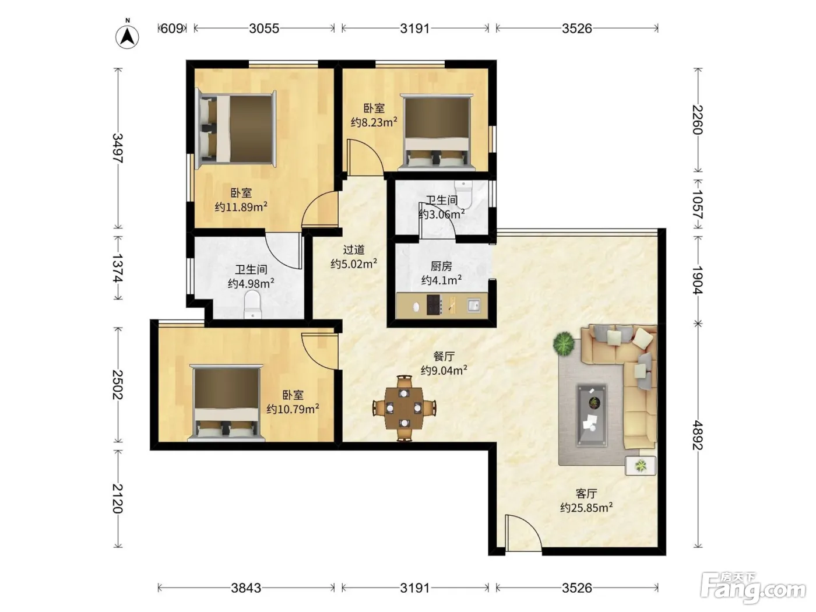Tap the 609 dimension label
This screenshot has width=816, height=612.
coord(172,28)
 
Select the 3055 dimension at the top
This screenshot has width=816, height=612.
coord(264,28)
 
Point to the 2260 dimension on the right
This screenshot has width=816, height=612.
coord(698,119)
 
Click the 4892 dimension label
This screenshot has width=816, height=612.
coord(698,435)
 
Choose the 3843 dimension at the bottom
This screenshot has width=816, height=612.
coord(246,588)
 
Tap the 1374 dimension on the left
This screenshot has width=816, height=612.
coord(118,268)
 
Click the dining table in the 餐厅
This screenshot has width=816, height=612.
coord(404,408)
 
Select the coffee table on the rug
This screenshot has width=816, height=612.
coord(592,414)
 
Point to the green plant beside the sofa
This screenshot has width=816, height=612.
coord(564,344)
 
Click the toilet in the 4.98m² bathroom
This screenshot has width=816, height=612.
coord(253,304)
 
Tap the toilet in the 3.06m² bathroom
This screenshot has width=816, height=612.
coord(463,194)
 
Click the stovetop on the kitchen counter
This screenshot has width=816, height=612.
coord(434,305)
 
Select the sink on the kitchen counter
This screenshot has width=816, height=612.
coord(474,305)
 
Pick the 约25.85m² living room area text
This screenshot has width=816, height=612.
coord(586,508)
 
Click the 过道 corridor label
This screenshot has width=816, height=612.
coord(354,249)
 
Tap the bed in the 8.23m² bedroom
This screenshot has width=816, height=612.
coord(437,132)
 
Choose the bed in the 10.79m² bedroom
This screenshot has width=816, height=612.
coord(226,403)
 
